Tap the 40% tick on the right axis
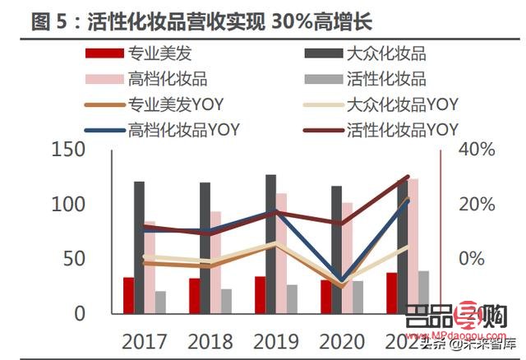pos(476,150)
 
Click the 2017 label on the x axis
pos(144,340)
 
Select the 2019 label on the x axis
pos(275,340)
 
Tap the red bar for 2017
pos(128,295)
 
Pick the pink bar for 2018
pos(215,262)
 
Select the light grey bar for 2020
pos(358,297)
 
